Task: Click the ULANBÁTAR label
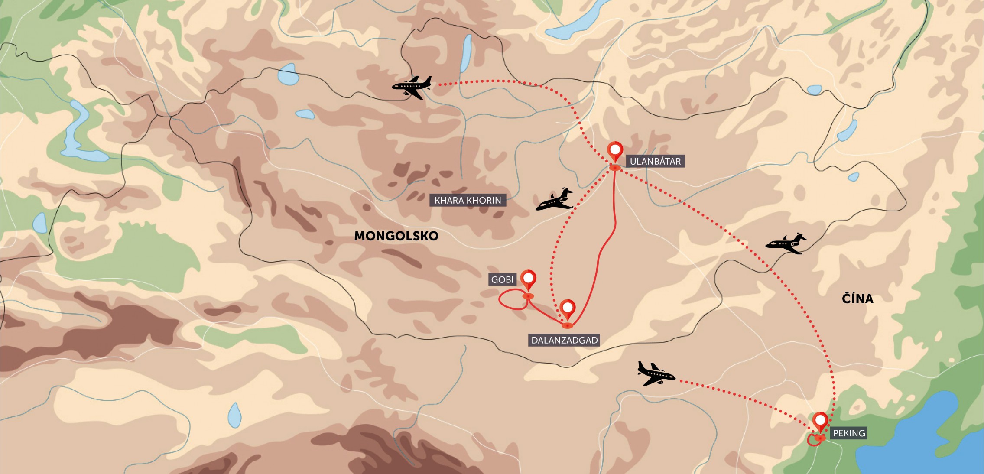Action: (655, 162)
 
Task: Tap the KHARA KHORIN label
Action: (468, 200)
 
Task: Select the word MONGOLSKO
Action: (396, 236)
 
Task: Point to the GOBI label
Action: (502, 279)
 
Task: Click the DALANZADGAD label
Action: (564, 340)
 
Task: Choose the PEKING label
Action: (848, 433)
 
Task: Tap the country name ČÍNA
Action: (857, 299)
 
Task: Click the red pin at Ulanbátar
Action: (615, 152)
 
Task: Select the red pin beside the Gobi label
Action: (528, 279)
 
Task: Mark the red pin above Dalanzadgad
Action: (567, 309)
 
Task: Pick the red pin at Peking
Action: (820, 421)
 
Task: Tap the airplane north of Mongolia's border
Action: (412, 87)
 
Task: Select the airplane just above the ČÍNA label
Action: (786, 244)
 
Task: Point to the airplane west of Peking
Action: (656, 373)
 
